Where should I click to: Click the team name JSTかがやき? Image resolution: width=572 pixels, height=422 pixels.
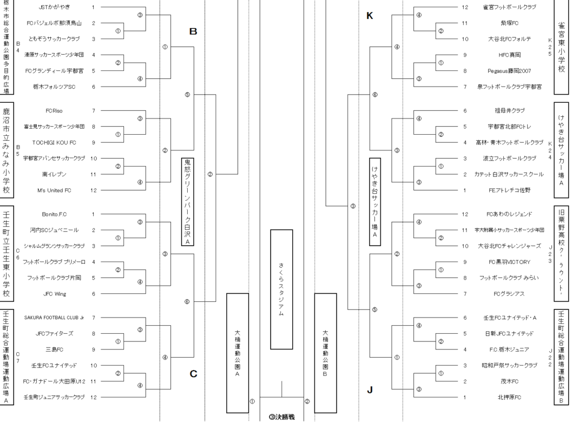(x=54, y=7)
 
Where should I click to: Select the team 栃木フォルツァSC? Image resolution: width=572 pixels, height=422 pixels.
(x=54, y=87)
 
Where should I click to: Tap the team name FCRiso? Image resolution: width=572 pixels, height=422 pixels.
(x=54, y=111)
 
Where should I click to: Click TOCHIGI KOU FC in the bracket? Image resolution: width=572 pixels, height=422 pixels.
(x=54, y=143)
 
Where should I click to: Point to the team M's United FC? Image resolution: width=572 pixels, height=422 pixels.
(x=54, y=190)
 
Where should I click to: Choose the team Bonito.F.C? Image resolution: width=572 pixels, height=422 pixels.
(x=54, y=214)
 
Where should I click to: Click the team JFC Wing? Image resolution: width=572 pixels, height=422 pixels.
(x=54, y=294)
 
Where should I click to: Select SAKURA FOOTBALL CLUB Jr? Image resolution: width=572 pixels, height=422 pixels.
(x=54, y=317)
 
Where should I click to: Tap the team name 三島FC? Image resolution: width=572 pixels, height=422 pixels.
(x=54, y=349)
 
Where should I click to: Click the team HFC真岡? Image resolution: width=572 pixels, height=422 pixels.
(x=509, y=55)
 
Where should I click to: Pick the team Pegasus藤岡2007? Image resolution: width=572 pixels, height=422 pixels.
(x=509, y=71)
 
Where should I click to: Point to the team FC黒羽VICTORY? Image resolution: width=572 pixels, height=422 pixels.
(x=509, y=262)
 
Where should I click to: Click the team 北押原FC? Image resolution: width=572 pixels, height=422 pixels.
(x=509, y=397)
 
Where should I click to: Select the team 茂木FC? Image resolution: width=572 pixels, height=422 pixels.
(x=509, y=382)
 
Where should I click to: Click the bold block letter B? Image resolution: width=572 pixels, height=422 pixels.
(x=193, y=31)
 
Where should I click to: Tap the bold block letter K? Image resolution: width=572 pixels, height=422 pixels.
(x=370, y=15)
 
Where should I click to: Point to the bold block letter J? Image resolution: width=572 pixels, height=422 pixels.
(x=370, y=390)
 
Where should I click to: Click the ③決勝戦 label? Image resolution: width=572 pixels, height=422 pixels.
(x=282, y=417)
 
